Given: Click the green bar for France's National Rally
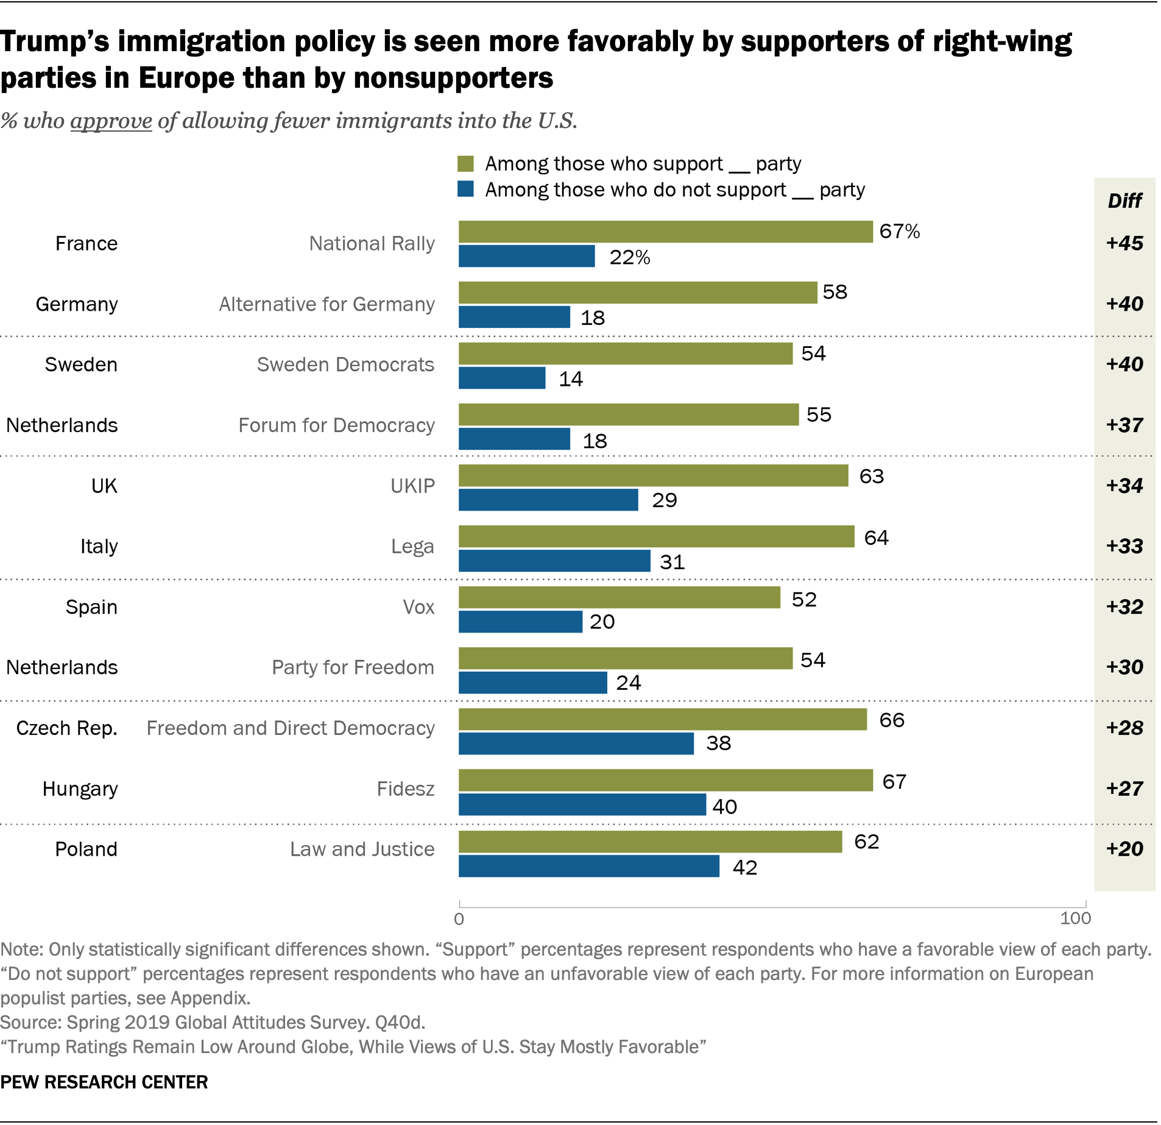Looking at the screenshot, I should (x=665, y=232).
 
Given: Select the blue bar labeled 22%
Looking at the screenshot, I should (x=526, y=257).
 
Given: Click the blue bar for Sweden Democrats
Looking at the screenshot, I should (x=502, y=378).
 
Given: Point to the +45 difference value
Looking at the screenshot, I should (x=1124, y=243).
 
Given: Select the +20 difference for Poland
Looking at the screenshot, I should (x=1124, y=849).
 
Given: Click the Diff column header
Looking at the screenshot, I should (x=1124, y=201).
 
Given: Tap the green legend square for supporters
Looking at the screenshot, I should (x=466, y=164).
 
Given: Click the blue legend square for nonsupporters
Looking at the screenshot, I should (x=466, y=190).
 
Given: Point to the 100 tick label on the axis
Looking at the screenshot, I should (x=1075, y=918).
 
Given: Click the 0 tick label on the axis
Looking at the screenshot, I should (x=459, y=919).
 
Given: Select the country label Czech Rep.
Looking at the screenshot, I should (x=66, y=728).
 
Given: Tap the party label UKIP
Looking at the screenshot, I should (x=412, y=486).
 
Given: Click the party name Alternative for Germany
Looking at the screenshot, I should (x=326, y=304).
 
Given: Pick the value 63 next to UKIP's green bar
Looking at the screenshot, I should (x=871, y=476).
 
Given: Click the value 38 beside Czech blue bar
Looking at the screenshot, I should (x=718, y=743).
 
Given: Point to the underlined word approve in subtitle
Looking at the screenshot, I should (x=111, y=121).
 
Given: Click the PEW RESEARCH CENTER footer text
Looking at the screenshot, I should (x=104, y=1082).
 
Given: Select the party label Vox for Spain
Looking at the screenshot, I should (x=418, y=607).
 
